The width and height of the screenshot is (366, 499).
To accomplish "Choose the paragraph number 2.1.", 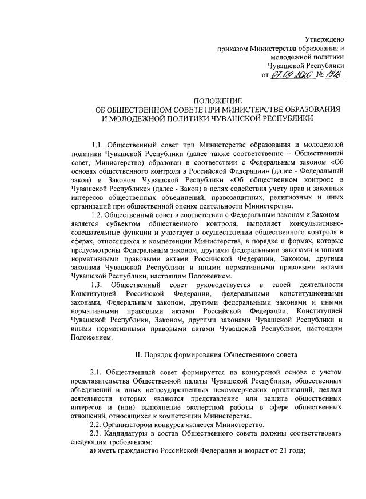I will pos(97,372).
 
